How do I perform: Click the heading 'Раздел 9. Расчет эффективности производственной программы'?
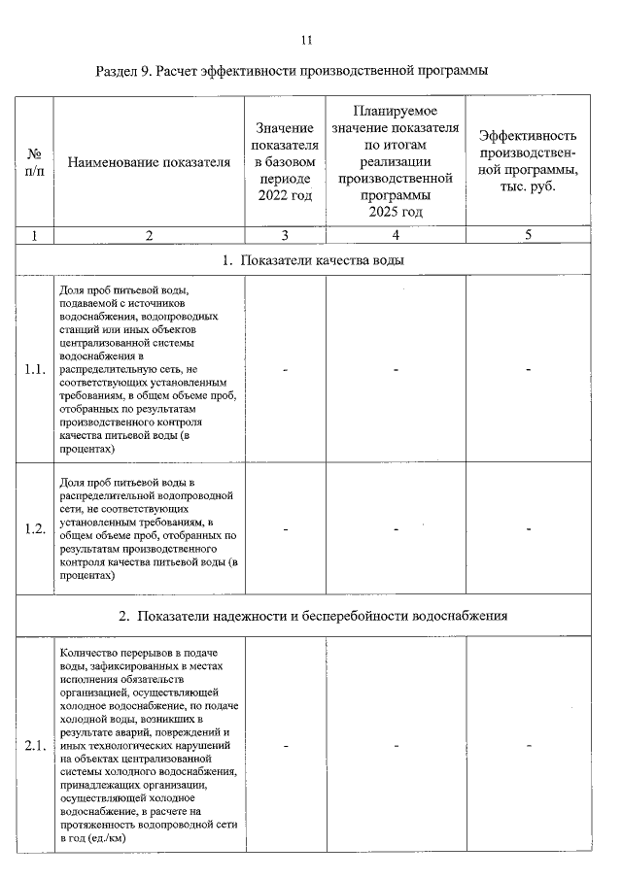coord(292,71)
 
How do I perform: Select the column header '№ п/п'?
coord(34,161)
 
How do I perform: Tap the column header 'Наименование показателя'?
coord(149,162)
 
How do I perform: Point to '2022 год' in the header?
coord(285,196)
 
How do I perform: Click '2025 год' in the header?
coord(396,212)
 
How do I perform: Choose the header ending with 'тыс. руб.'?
coord(528,186)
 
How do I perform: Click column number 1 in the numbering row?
coord(34,235)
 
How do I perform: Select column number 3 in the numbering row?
coord(285,235)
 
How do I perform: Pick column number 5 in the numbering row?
coord(528,235)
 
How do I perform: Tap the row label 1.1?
coord(34,370)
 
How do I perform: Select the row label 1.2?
coord(34,529)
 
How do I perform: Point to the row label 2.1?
coord(34,746)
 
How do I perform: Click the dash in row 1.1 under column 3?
coord(285,370)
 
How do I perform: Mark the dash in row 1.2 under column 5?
coord(528,529)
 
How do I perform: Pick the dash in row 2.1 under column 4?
coord(396,746)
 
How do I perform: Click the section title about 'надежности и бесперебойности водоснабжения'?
coord(312,616)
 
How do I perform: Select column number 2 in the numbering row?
coord(149,235)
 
